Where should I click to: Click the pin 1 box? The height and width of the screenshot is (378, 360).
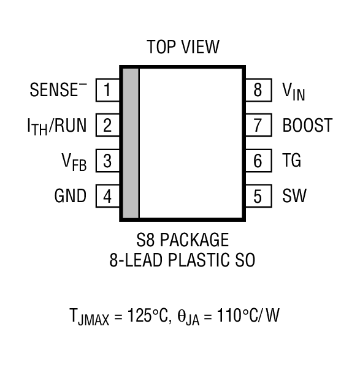[x=107, y=91]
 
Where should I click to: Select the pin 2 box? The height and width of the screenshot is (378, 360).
[x=107, y=126]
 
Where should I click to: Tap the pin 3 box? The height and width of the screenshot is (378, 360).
[x=107, y=162]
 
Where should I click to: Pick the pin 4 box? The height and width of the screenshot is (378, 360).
[x=107, y=197]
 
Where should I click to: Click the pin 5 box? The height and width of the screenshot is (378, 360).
[x=258, y=197]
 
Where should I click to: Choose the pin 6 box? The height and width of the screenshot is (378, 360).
[x=258, y=162]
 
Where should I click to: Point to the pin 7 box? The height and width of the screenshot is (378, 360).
[x=258, y=126]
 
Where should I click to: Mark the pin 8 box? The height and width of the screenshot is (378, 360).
[x=258, y=91]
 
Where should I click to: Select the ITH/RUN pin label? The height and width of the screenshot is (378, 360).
[x=56, y=126]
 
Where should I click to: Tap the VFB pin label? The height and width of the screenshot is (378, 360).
[x=74, y=162]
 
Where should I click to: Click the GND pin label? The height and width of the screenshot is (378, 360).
[x=71, y=197]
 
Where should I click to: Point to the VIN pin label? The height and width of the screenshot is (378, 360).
[x=294, y=91]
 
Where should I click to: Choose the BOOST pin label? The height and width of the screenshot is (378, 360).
[x=307, y=126]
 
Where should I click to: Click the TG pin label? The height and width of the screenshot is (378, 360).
[x=292, y=162]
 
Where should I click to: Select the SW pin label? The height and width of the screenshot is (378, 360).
[x=294, y=197]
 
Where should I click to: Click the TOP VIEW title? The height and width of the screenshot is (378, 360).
[x=182, y=47]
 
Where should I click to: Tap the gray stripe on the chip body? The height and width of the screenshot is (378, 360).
[x=130, y=143]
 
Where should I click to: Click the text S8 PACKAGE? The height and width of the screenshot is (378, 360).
[x=183, y=240]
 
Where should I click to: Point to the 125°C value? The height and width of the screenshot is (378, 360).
[x=147, y=317]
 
